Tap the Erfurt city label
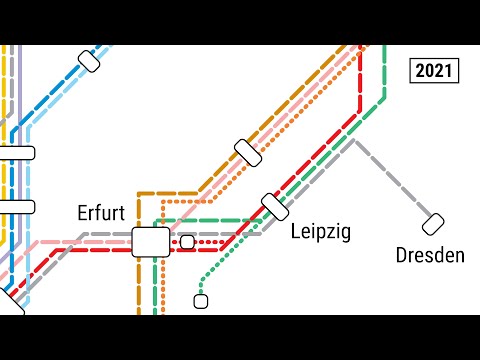tap(101, 212)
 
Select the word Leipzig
tap(320, 232)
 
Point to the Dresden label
tap(430, 255)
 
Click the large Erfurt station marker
tap(151, 241)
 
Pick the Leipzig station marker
tap(275, 206)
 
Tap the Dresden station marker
tap(433, 224)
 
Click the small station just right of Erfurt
tap(187, 241)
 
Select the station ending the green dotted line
tap(200, 300)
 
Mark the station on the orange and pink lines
tap(248, 152)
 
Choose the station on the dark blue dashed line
tap(89, 62)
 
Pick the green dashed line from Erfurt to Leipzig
tap(215, 219)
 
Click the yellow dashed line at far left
tap(5, 90)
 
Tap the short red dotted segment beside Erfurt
tap(208, 243)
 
